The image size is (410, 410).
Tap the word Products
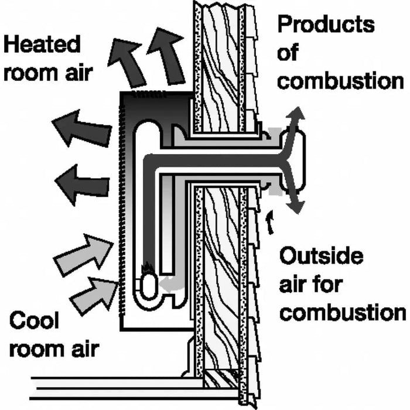point(326,25)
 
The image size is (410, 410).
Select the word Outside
point(321,257)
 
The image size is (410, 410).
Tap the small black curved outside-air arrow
point(270,221)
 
